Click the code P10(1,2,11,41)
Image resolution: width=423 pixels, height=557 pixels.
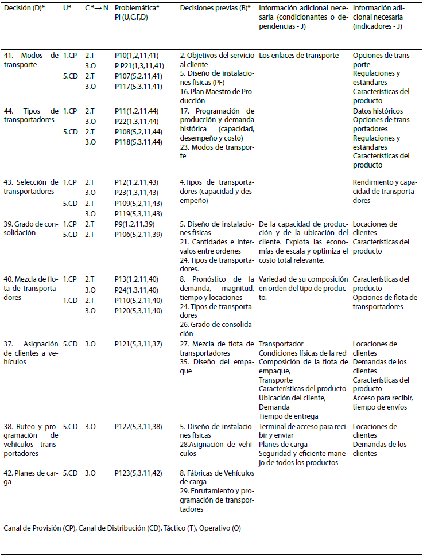(138, 56)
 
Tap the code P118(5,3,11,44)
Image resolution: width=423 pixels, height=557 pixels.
(140, 142)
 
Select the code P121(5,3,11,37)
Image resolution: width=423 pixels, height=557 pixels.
(140, 344)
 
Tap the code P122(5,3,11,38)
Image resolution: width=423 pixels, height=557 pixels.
(140, 427)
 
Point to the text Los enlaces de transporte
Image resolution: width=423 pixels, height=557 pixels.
(299, 56)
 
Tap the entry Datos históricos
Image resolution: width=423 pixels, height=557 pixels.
(378, 111)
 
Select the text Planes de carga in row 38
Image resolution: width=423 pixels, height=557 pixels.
(283, 445)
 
